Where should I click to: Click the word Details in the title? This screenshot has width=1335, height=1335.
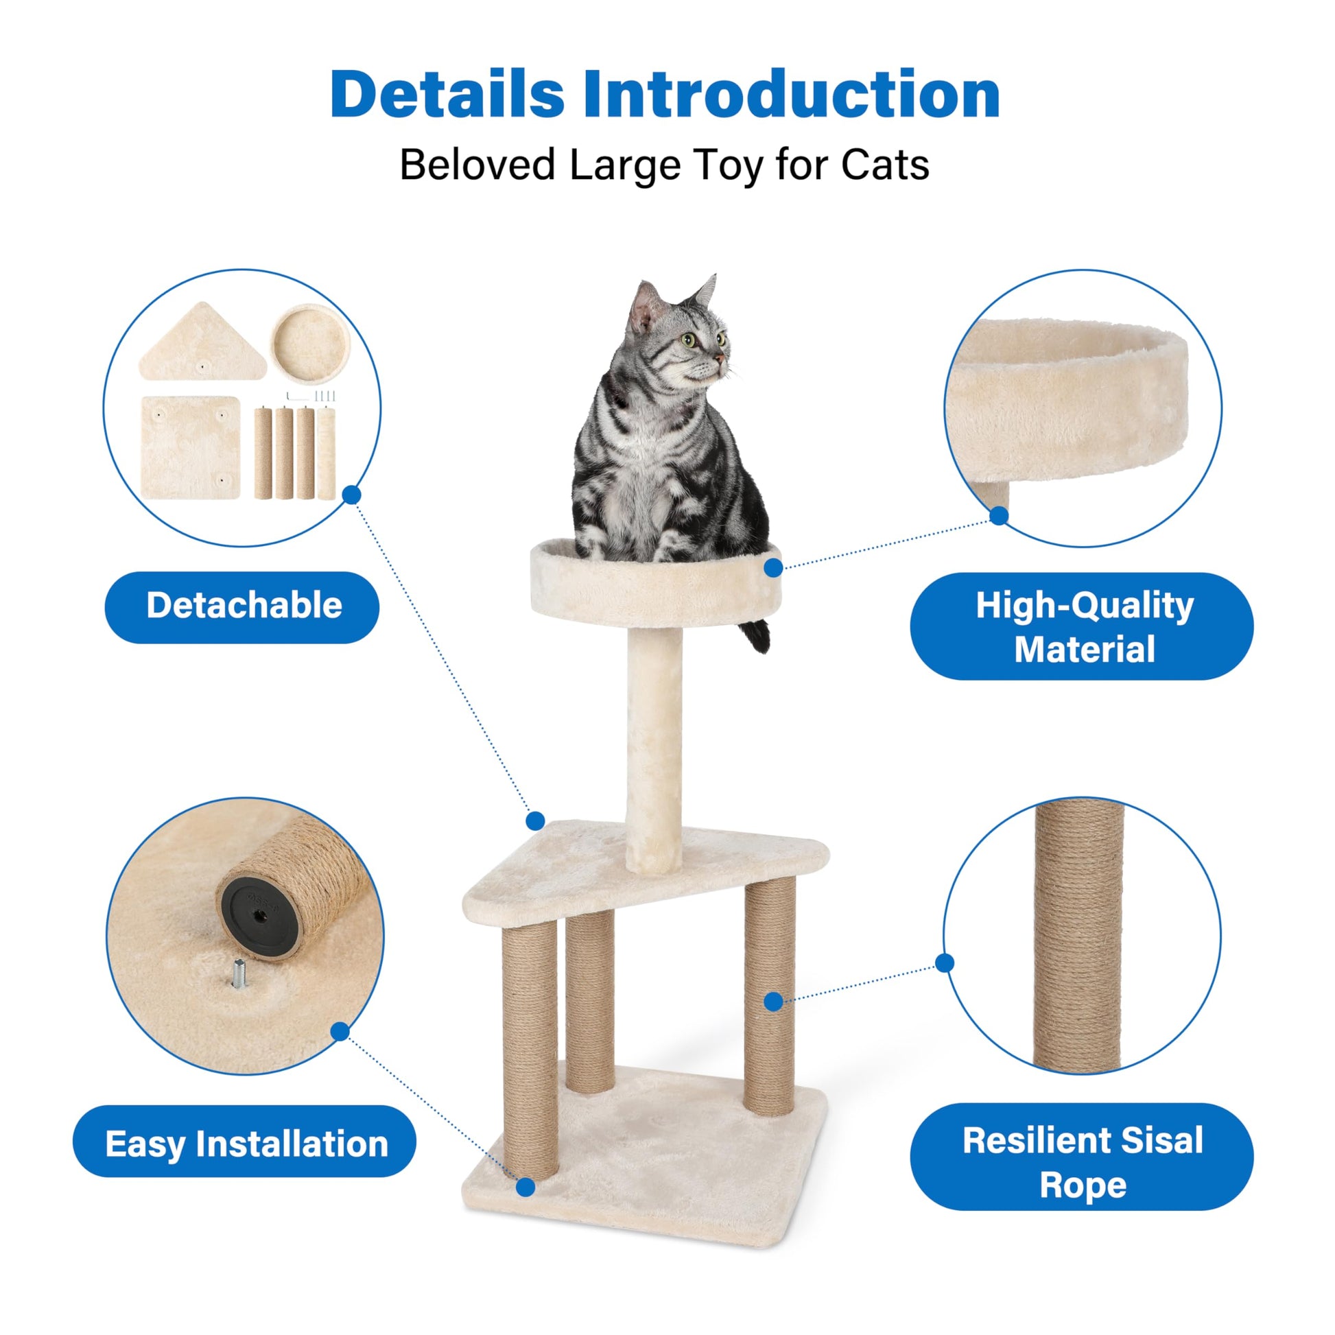click(x=447, y=95)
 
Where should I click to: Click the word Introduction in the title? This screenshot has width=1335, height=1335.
click(x=791, y=95)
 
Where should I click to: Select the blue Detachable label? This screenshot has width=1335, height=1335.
click(x=243, y=606)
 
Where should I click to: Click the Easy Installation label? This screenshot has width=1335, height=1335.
click(x=246, y=1144)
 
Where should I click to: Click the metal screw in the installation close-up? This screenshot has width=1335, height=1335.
click(x=239, y=974)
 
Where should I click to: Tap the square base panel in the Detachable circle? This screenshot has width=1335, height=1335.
click(x=190, y=447)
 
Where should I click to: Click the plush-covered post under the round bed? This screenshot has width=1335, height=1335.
click(x=653, y=746)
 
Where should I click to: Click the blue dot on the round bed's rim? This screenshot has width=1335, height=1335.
click(x=773, y=568)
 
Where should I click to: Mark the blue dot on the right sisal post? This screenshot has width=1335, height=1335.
click(x=774, y=1002)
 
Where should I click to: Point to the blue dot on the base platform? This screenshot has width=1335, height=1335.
click(x=525, y=1187)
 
